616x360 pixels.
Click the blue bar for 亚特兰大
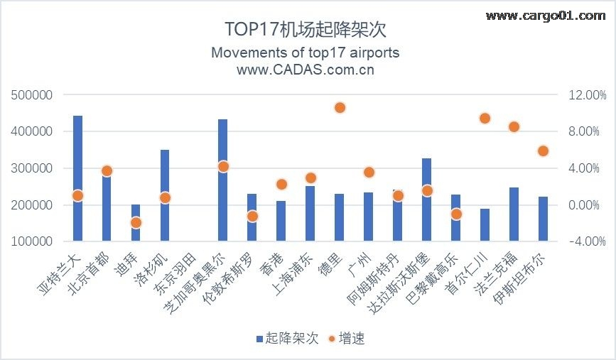78,178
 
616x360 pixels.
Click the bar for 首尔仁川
485,225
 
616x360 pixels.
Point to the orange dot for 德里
340,107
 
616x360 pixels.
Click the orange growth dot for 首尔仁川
485,118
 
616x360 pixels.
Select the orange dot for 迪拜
136,222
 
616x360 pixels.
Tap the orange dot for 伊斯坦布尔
544,151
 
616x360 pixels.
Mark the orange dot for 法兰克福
514,126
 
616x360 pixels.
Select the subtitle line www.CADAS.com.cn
306,70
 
